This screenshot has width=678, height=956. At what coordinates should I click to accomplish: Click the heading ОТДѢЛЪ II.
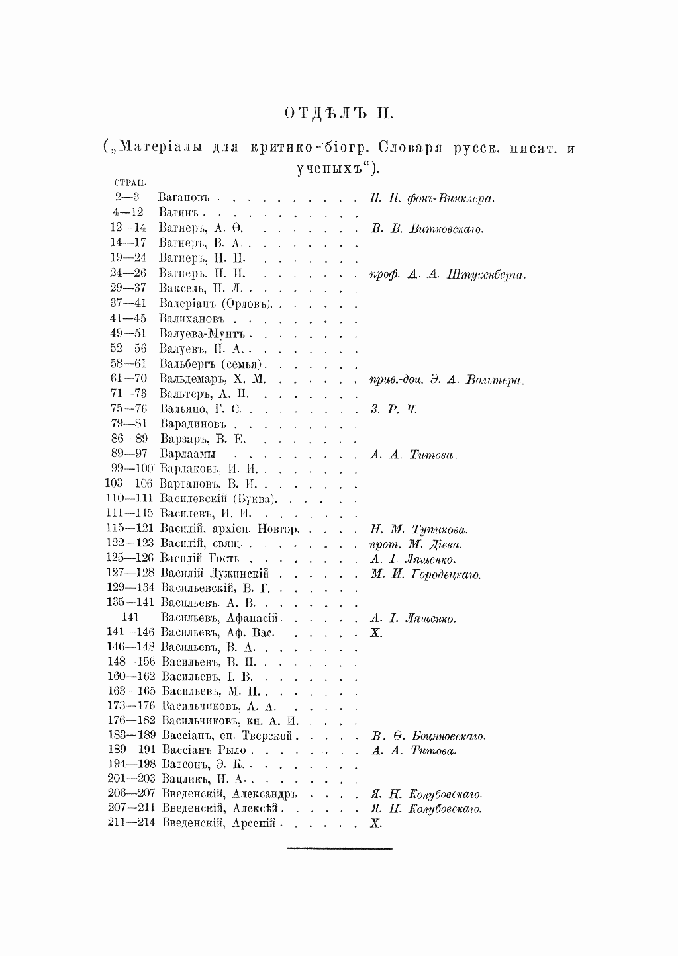[338, 113]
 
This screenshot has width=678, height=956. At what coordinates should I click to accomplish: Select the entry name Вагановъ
[184, 198]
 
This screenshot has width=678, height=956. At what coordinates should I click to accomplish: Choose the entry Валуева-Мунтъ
[201, 334]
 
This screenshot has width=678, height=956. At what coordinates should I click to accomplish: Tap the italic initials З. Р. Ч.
[394, 410]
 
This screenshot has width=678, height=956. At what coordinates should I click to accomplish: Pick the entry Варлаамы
[188, 455]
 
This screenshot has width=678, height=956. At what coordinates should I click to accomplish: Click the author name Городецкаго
[446, 575]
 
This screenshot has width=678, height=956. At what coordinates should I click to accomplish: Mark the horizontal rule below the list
[340, 848]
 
